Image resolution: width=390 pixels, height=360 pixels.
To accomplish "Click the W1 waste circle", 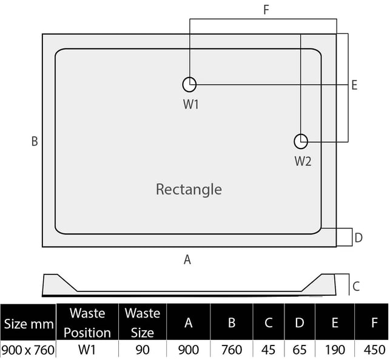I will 189,84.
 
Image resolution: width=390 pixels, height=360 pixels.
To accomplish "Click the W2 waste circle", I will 301,141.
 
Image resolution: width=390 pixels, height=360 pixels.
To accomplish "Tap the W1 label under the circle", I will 191,104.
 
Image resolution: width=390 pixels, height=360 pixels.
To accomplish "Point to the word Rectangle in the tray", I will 189,189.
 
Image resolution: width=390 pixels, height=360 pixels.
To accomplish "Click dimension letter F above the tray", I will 266,10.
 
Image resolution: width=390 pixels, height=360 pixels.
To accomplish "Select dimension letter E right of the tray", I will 354,85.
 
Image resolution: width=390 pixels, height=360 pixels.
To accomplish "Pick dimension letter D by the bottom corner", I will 358,238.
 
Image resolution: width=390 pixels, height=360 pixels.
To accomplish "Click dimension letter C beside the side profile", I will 357,285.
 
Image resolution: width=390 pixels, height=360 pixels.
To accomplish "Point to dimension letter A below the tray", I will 187,259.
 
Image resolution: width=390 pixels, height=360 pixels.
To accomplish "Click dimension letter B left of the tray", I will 35,141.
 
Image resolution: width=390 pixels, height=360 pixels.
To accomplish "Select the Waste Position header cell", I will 87,322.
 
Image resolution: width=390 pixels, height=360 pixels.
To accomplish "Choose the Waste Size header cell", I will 142,322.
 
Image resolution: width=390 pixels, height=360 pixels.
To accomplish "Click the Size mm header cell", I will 29,324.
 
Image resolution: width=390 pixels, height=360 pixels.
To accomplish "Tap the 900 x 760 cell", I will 29,350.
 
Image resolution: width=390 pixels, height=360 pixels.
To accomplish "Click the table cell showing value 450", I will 374,350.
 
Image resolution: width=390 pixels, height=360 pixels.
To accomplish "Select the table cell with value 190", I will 334,350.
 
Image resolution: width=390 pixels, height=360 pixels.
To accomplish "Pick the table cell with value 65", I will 299,350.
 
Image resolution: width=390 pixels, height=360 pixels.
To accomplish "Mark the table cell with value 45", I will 268,350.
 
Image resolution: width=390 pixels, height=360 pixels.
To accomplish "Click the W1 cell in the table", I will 87,350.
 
